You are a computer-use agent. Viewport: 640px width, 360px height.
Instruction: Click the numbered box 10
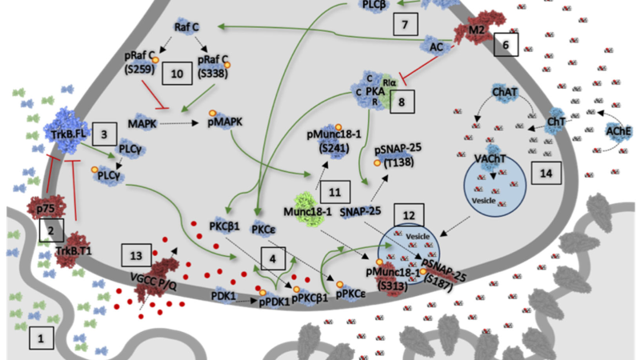177,74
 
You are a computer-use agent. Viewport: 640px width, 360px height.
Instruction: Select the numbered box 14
546,173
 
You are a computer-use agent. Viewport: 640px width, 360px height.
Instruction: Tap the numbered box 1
41,338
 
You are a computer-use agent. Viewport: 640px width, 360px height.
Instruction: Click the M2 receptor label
476,30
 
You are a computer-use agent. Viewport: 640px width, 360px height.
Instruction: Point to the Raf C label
186,27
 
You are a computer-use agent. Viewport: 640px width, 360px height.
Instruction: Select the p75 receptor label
46,209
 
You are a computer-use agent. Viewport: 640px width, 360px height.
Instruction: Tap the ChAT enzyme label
505,92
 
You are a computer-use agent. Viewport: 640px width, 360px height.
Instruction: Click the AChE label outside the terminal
618,131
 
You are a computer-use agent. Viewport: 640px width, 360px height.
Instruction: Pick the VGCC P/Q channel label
154,282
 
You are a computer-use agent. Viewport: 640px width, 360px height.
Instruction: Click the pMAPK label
225,122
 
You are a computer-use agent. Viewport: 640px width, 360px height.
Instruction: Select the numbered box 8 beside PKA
402,102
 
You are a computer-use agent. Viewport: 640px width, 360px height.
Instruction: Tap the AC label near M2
436,47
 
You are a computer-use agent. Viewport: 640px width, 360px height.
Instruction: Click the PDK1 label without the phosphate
223,295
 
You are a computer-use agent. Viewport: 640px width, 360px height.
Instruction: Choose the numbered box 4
273,258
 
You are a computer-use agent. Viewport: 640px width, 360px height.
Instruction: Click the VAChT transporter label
490,158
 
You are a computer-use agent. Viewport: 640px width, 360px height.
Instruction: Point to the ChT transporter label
556,122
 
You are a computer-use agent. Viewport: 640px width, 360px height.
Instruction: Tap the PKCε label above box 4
264,230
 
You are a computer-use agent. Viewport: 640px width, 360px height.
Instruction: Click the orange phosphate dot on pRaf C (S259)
155,60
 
